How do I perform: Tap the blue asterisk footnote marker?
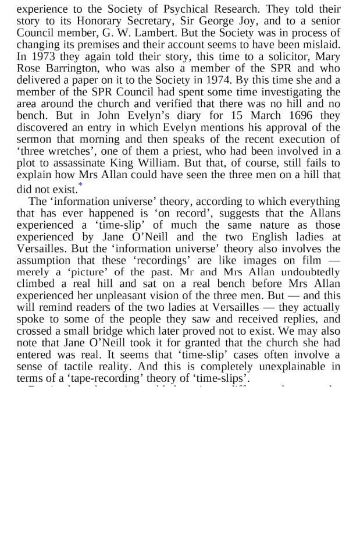tap(80, 185)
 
